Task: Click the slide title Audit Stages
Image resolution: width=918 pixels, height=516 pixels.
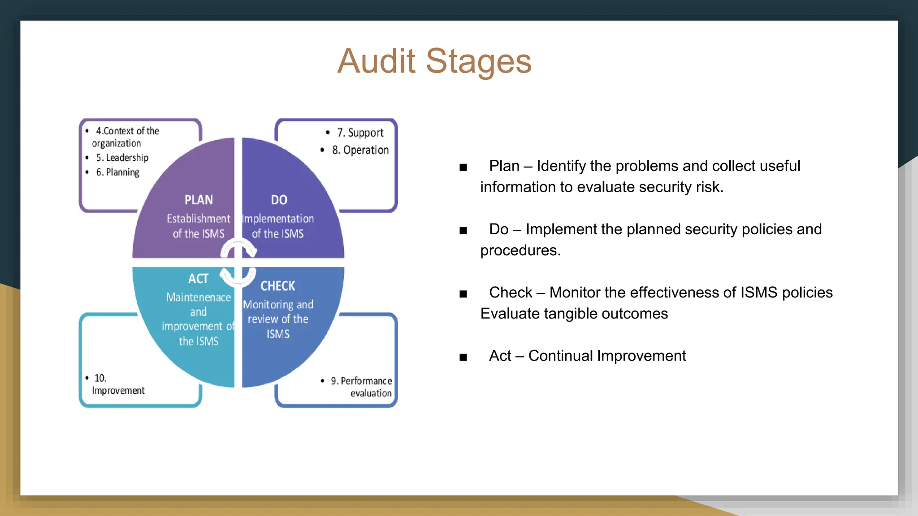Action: pos(434,61)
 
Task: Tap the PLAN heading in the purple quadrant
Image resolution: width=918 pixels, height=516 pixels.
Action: pos(199,200)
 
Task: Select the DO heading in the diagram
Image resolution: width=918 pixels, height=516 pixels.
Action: pos(279,200)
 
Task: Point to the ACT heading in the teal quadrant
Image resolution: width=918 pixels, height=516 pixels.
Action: pos(198,279)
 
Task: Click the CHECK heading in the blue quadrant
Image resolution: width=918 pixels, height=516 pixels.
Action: pos(278,286)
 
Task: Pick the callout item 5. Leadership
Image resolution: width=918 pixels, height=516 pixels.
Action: pos(122,158)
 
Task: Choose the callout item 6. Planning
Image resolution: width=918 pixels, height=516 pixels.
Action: pos(117,172)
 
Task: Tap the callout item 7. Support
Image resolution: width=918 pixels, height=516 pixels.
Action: pos(360,133)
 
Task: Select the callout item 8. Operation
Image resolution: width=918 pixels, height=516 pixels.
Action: pos(360,150)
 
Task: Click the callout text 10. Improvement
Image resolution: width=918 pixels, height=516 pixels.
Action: pos(117,384)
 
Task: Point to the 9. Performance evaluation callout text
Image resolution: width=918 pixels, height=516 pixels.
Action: pos(361,387)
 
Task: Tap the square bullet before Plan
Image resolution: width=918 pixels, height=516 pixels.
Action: pos(463,168)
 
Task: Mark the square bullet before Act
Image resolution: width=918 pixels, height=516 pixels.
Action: pos(463,357)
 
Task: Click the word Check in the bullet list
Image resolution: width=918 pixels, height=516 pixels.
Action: pos(511,292)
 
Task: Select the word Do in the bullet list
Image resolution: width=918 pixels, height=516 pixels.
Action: pos(498,229)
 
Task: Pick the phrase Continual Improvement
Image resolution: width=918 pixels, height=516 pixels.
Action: pos(607,356)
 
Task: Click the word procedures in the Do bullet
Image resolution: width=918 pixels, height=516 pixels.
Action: pos(520,250)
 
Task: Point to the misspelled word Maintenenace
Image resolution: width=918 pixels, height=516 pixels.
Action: pos(199,297)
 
